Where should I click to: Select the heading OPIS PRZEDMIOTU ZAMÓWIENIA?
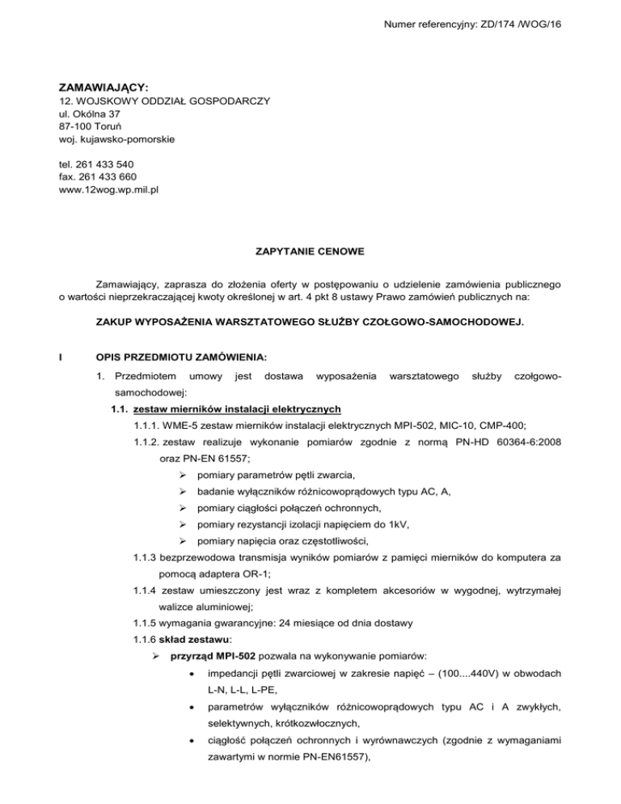click(x=187, y=356)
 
